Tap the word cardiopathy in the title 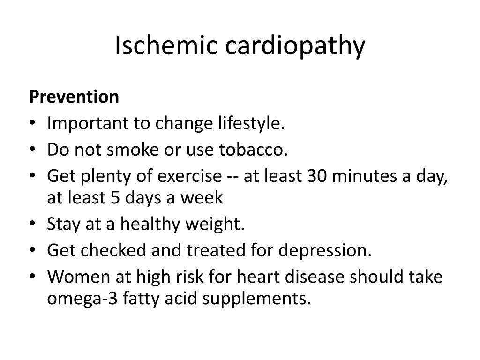click(295, 47)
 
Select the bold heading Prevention click(74, 97)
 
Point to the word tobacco click(253, 150)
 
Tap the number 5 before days click(115, 198)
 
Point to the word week click(202, 197)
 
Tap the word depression click(325, 251)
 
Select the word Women click(79, 277)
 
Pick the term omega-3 click(82, 299)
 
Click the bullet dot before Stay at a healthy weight click(32, 224)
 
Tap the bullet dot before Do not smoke click(32, 149)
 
